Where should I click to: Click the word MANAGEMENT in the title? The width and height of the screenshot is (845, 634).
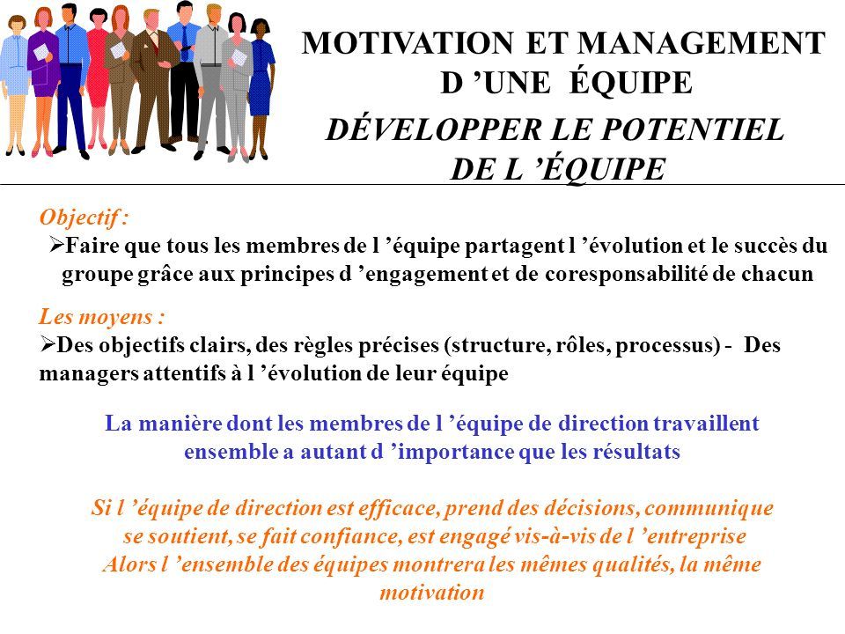point(702,43)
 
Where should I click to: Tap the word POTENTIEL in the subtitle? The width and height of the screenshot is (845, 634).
point(693,130)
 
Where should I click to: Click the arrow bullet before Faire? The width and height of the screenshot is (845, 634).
point(56,246)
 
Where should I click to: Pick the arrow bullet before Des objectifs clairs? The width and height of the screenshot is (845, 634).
point(48,344)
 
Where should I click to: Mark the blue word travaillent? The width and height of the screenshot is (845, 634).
point(706,423)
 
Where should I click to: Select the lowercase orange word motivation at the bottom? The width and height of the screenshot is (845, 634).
point(431,593)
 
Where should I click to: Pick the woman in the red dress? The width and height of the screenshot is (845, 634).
point(98,81)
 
